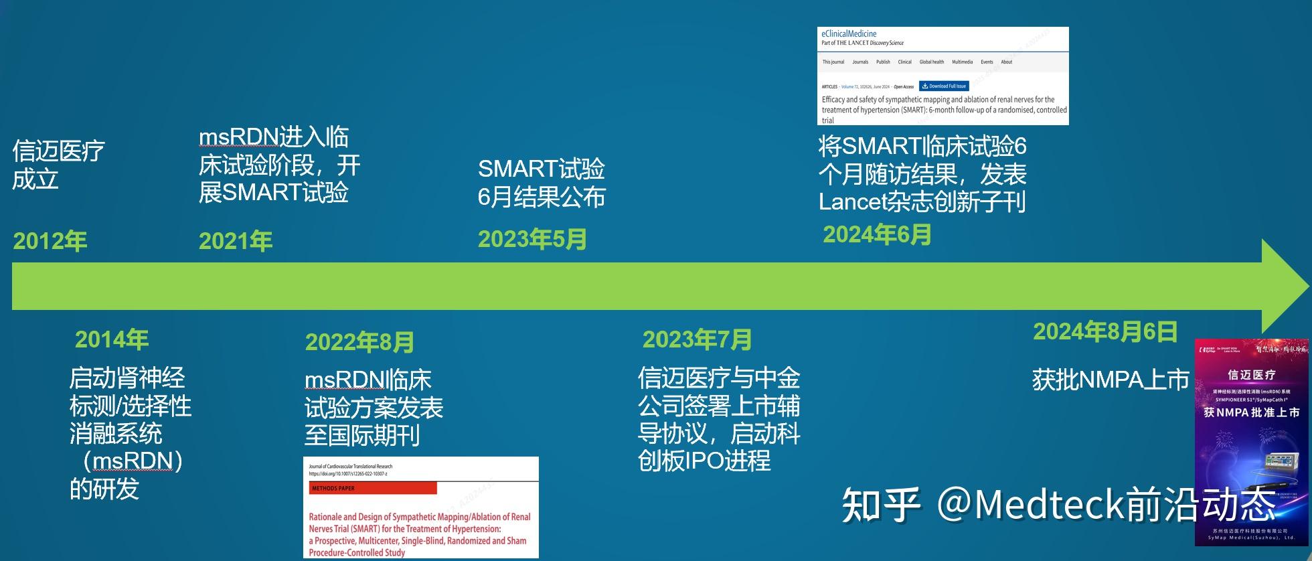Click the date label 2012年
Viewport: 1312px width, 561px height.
click(50, 242)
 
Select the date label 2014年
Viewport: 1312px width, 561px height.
click(112, 340)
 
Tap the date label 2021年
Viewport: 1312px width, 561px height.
click(236, 242)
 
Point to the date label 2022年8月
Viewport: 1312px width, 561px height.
click(359, 343)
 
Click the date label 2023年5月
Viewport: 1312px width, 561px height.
click(532, 240)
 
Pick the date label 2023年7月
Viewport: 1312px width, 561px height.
click(697, 340)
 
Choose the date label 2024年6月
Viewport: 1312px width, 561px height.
click(877, 235)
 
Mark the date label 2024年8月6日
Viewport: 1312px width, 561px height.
click(1105, 332)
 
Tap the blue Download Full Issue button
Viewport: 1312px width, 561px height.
click(944, 86)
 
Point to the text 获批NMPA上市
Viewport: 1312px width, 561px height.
click(1111, 380)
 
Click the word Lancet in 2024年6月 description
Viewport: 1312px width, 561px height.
click(850, 202)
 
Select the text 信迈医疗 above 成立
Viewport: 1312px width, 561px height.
click(58, 151)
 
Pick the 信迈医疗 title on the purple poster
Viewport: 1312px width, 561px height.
click(1251, 375)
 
